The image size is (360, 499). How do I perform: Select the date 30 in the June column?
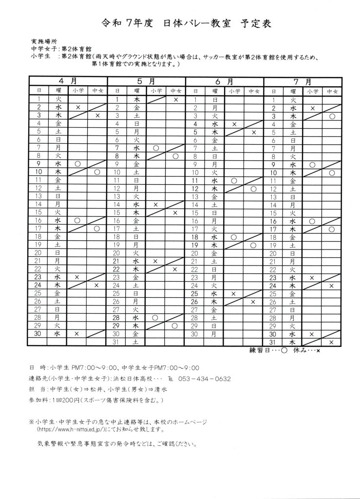click(195, 334)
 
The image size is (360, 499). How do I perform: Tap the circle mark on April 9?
click(77, 164)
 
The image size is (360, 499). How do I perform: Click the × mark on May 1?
click(176, 99)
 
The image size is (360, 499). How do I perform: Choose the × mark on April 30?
click(77, 334)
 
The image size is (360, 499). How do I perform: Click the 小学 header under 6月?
click(234, 91)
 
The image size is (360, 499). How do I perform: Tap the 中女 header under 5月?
click(176, 91)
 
